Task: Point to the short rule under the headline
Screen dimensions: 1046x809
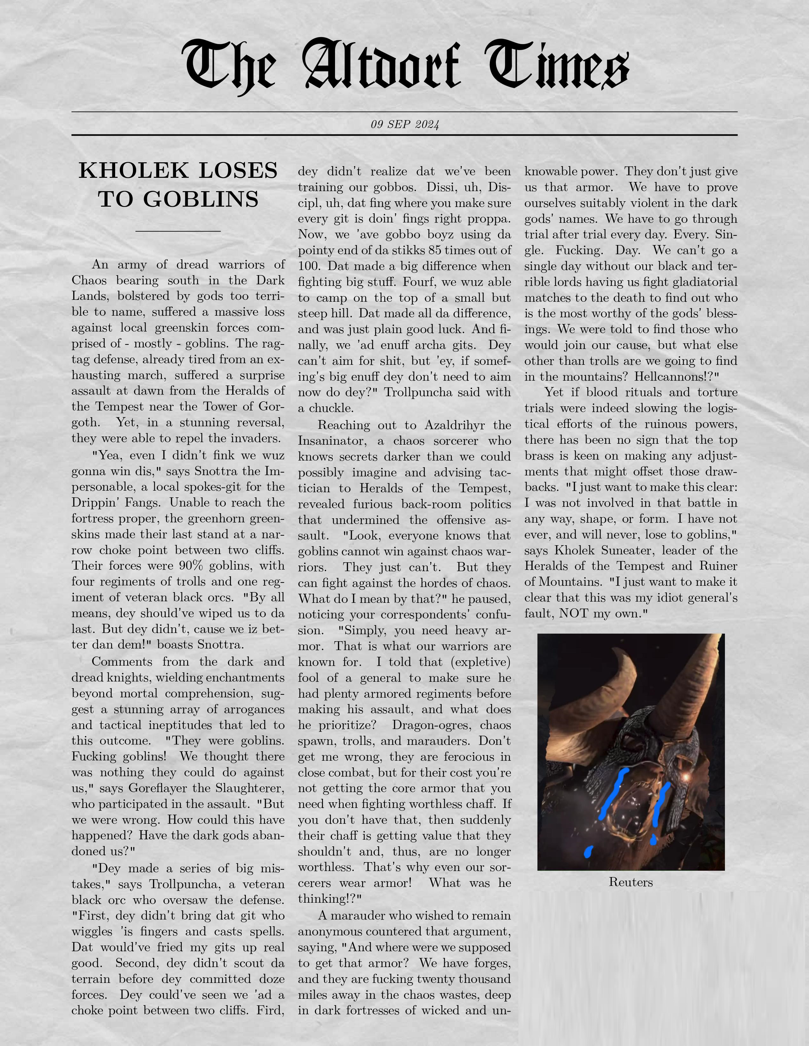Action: coord(178,231)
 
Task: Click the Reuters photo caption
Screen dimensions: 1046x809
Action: coord(630,882)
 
